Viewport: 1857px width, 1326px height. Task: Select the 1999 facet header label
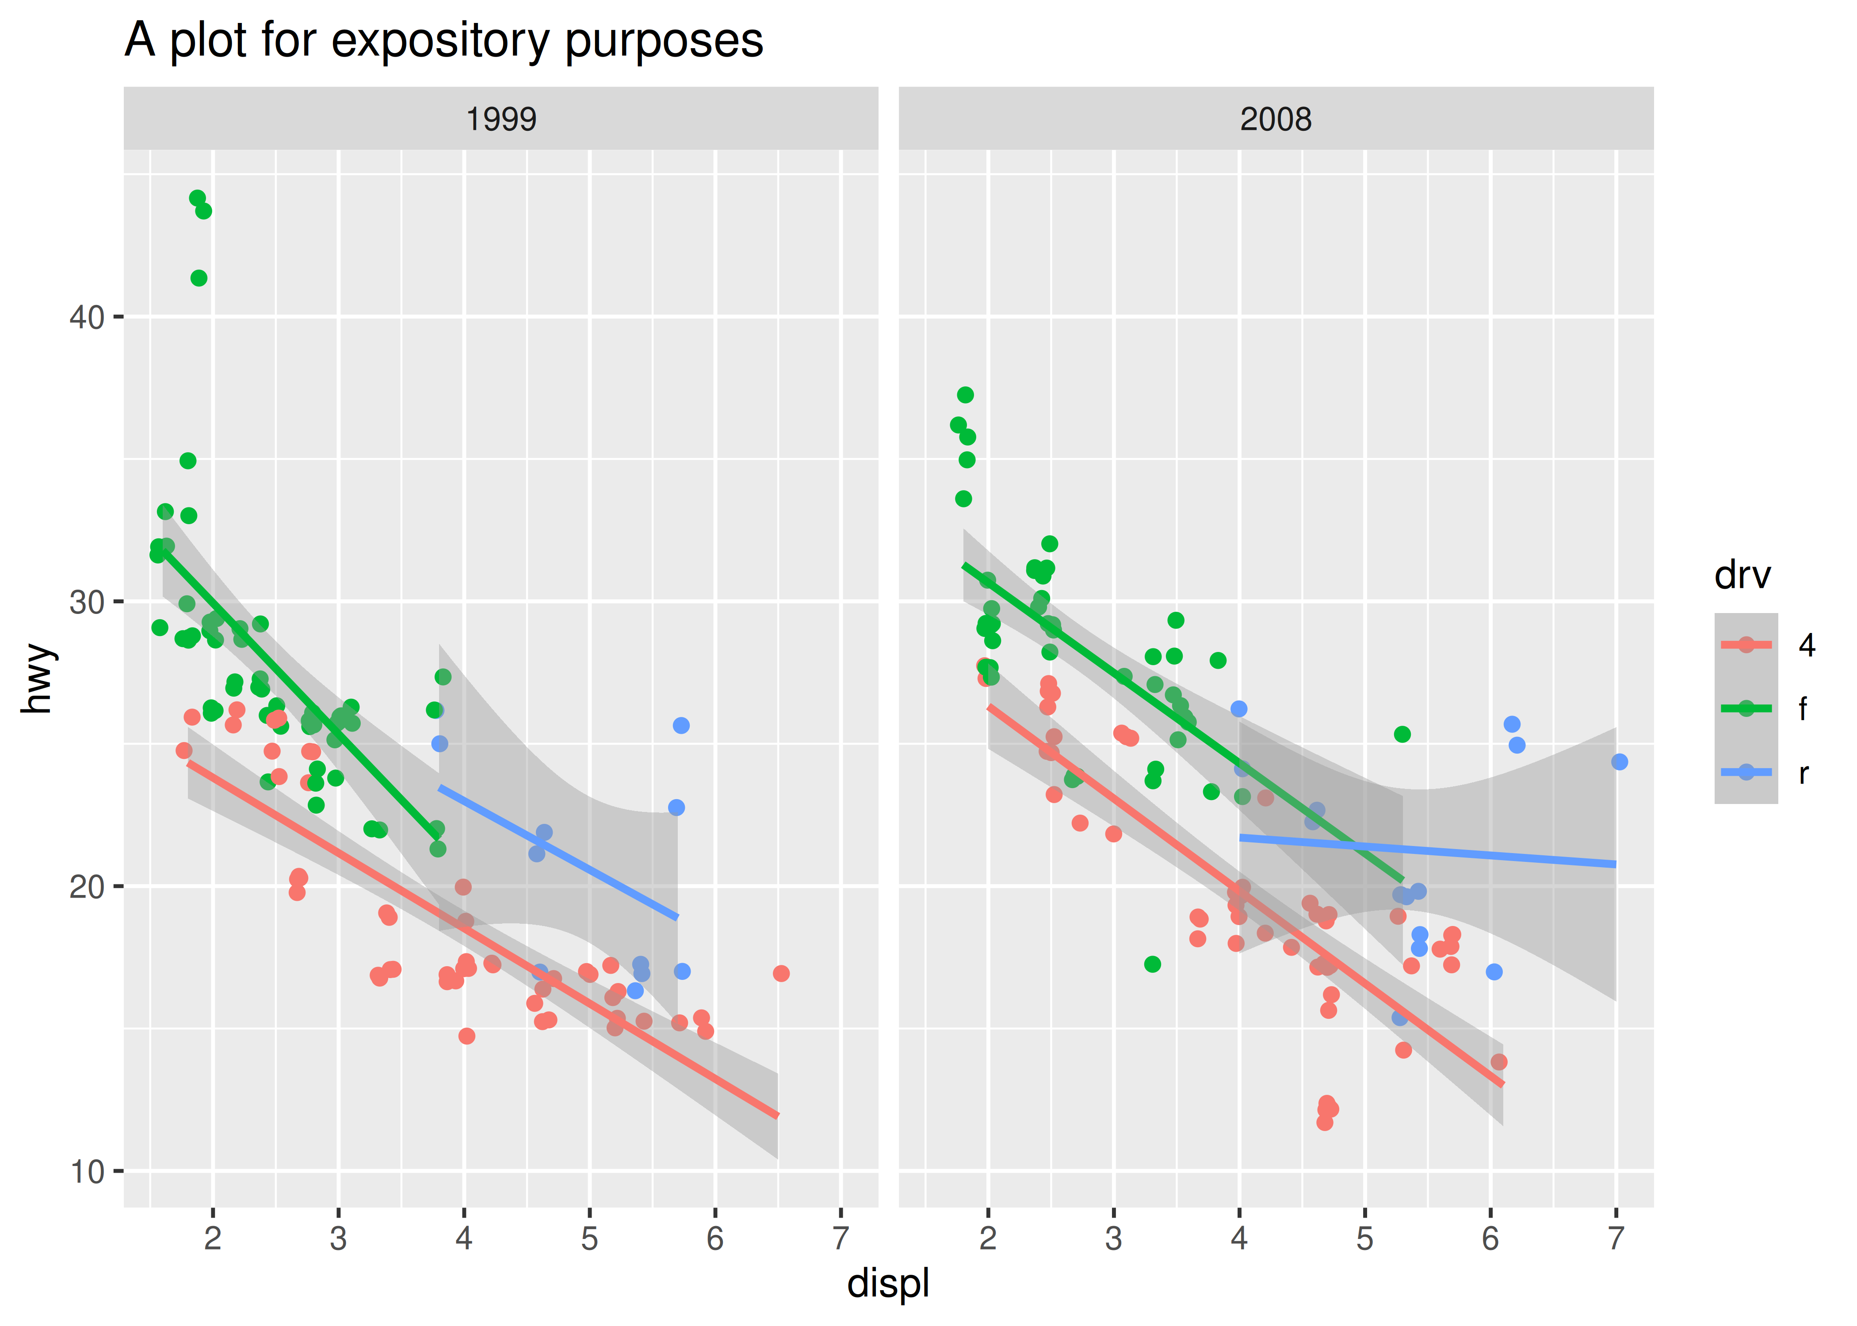pos(501,119)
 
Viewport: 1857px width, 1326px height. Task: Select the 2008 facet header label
pos(1276,119)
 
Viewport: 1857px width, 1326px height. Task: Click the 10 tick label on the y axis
pos(88,1172)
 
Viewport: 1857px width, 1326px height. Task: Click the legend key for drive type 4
pos(1746,645)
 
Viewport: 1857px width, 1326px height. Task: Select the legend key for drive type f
pos(1746,709)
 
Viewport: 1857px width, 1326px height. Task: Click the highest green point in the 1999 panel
pos(197,198)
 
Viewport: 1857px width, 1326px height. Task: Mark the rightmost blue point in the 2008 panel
pos(1620,762)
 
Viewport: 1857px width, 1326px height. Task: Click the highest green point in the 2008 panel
pos(965,395)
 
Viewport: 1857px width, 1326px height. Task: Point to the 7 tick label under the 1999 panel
pos(841,1238)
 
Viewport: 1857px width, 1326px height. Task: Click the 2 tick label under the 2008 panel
pos(988,1238)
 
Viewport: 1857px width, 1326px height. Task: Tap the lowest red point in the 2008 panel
pos(1325,1123)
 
